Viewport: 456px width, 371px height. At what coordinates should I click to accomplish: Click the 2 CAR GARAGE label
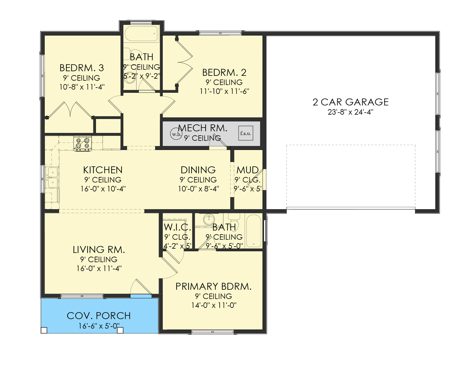pyautogui.click(x=350, y=102)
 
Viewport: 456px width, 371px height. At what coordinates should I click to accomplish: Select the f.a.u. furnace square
pyautogui.click(x=245, y=133)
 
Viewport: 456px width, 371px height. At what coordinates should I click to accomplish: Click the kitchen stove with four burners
pyautogui.click(x=82, y=143)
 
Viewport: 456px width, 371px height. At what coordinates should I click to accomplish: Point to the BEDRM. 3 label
pyautogui.click(x=81, y=68)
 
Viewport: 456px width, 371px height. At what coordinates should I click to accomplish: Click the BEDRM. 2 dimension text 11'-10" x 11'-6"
pyautogui.click(x=224, y=91)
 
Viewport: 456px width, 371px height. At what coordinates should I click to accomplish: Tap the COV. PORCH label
pyautogui.click(x=99, y=316)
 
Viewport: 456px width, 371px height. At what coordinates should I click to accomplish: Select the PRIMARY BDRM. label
pyautogui.click(x=213, y=287)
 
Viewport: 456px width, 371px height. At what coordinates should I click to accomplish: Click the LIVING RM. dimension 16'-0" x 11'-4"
pyautogui.click(x=99, y=268)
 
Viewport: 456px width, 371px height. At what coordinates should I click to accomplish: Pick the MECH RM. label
pyautogui.click(x=202, y=128)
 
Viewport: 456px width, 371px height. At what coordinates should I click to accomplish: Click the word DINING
pyautogui.click(x=198, y=170)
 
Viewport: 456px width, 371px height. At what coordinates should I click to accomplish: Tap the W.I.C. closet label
pyautogui.click(x=177, y=227)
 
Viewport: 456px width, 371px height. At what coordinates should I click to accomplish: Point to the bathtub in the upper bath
pyautogui.click(x=142, y=34)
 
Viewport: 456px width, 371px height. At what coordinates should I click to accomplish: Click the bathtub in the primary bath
pyautogui.click(x=254, y=231)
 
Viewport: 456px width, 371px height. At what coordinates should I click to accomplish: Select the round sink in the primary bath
pyautogui.click(x=209, y=220)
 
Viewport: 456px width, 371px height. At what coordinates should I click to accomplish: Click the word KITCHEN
pyautogui.click(x=103, y=170)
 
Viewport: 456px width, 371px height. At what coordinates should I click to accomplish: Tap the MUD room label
pyautogui.click(x=247, y=170)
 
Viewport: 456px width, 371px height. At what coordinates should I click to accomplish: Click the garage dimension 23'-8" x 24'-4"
pyautogui.click(x=350, y=112)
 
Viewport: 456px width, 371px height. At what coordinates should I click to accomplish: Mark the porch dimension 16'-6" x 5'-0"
pyautogui.click(x=99, y=326)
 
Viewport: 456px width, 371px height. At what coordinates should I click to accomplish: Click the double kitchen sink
pyautogui.click(x=53, y=177)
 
